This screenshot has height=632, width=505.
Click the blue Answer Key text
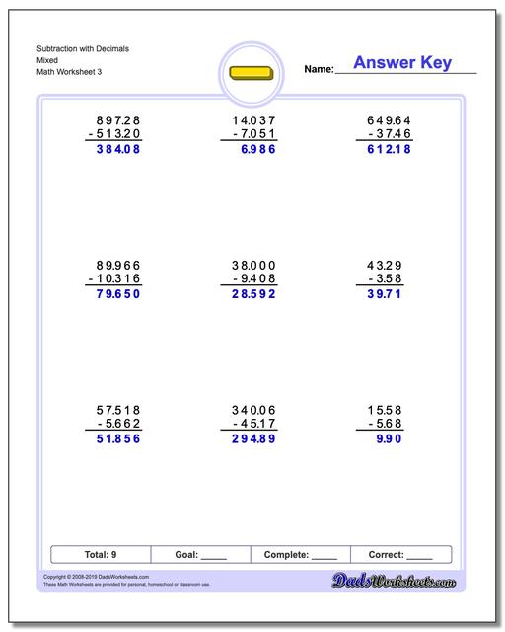402,63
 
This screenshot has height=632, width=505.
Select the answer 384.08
112,150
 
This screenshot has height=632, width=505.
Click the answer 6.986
252,150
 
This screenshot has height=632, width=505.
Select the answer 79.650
112,293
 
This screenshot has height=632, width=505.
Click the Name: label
319,70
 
